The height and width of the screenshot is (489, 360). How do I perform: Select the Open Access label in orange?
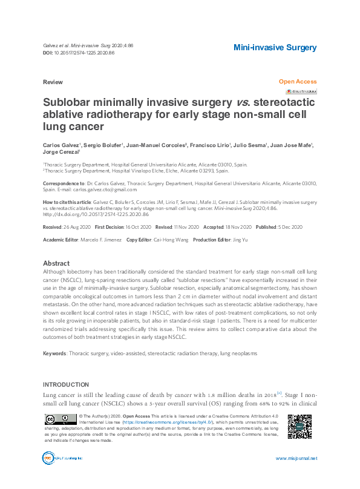click(297, 81)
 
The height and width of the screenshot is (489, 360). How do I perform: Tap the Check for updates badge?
click(301, 91)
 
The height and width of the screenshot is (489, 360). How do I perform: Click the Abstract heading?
click(56, 264)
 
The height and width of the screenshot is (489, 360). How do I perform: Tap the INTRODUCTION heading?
click(67, 385)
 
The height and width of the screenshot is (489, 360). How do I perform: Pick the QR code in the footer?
click(299, 427)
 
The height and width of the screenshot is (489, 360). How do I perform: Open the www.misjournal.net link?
click(296, 458)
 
